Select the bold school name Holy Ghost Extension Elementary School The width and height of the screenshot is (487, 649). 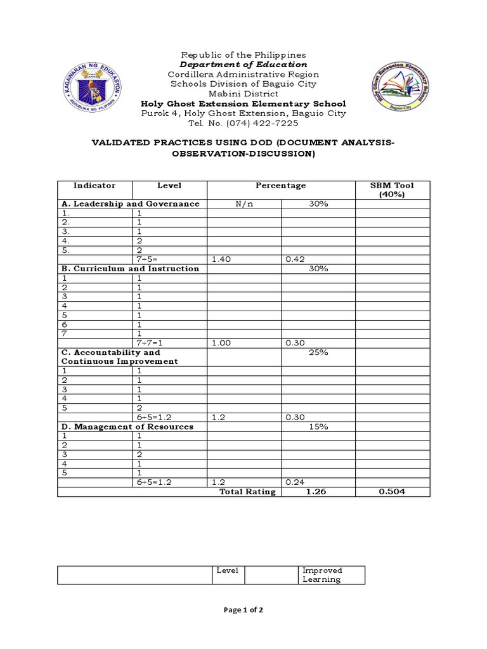point(243,103)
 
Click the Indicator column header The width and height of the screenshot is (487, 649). point(94,186)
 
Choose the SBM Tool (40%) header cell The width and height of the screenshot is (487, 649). point(392,190)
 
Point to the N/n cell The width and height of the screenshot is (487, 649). point(244,204)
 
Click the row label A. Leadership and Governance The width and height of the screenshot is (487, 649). point(131,204)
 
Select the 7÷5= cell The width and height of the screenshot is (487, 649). point(150,259)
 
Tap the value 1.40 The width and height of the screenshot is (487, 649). point(220,259)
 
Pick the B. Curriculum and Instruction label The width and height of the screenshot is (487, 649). point(130,269)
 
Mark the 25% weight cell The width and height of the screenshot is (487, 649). point(318,352)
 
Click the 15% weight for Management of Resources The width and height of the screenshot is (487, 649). point(318,427)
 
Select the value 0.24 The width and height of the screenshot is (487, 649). point(295,482)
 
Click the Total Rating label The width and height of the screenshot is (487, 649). point(247,492)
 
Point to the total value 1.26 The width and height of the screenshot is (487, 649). point(317,492)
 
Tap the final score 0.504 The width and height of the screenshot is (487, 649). point(392,492)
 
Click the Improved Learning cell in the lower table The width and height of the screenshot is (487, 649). point(322,575)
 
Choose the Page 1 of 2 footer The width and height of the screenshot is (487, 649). point(243,610)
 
